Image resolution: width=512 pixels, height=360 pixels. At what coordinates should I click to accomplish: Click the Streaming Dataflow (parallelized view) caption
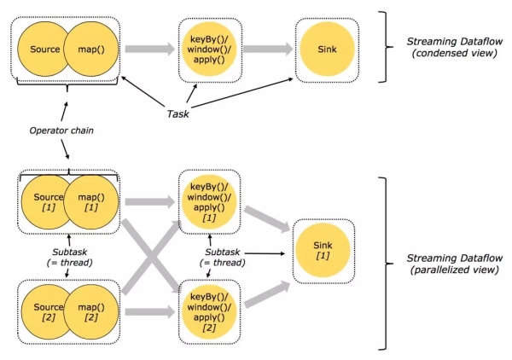coord(448,262)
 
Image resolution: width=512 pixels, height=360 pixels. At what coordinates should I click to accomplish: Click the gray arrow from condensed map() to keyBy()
coord(148,49)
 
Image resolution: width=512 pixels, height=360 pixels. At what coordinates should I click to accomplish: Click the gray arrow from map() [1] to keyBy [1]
coord(147,203)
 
